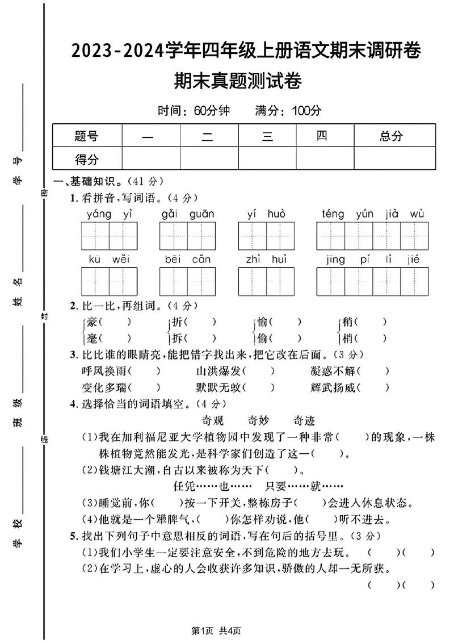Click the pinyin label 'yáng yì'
109,214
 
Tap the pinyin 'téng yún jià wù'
373,214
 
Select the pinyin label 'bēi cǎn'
187,260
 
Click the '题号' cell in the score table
86,136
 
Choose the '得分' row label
86,158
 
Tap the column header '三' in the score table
267,136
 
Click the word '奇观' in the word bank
213,421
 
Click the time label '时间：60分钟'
194,111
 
